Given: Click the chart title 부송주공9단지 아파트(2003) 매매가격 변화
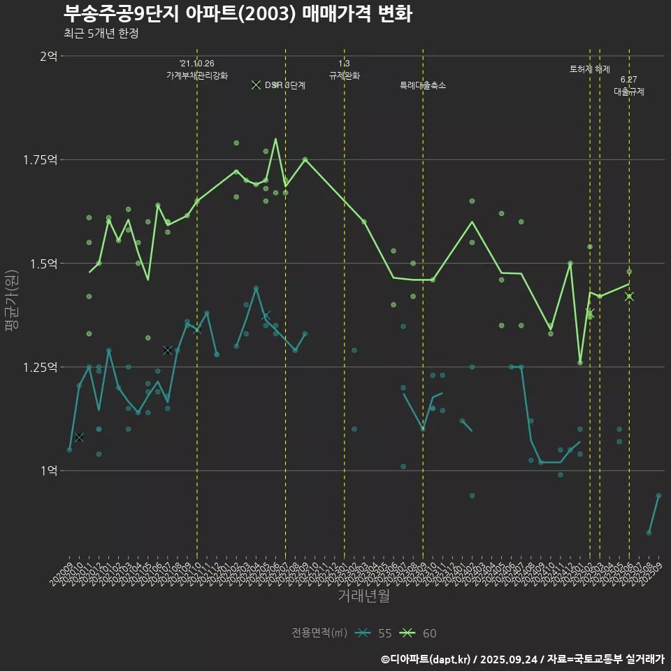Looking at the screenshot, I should [x=238, y=13].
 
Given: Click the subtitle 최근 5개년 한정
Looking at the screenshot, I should [x=101, y=34].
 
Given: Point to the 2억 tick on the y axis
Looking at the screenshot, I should [x=48, y=56].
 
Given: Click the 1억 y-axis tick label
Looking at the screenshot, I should [x=48, y=470].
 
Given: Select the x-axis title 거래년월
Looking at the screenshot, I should [x=363, y=596].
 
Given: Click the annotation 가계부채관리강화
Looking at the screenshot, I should [x=197, y=75].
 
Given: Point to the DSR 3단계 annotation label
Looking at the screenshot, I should [x=284, y=85].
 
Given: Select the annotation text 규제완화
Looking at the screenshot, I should [x=345, y=75].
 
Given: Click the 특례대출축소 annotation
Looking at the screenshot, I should [x=423, y=85].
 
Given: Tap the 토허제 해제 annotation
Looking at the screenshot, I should [x=590, y=69].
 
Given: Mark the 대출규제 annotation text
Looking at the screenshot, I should [x=629, y=91].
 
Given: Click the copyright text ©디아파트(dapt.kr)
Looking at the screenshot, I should [x=427, y=659].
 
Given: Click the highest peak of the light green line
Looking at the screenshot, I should [x=275, y=138].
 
